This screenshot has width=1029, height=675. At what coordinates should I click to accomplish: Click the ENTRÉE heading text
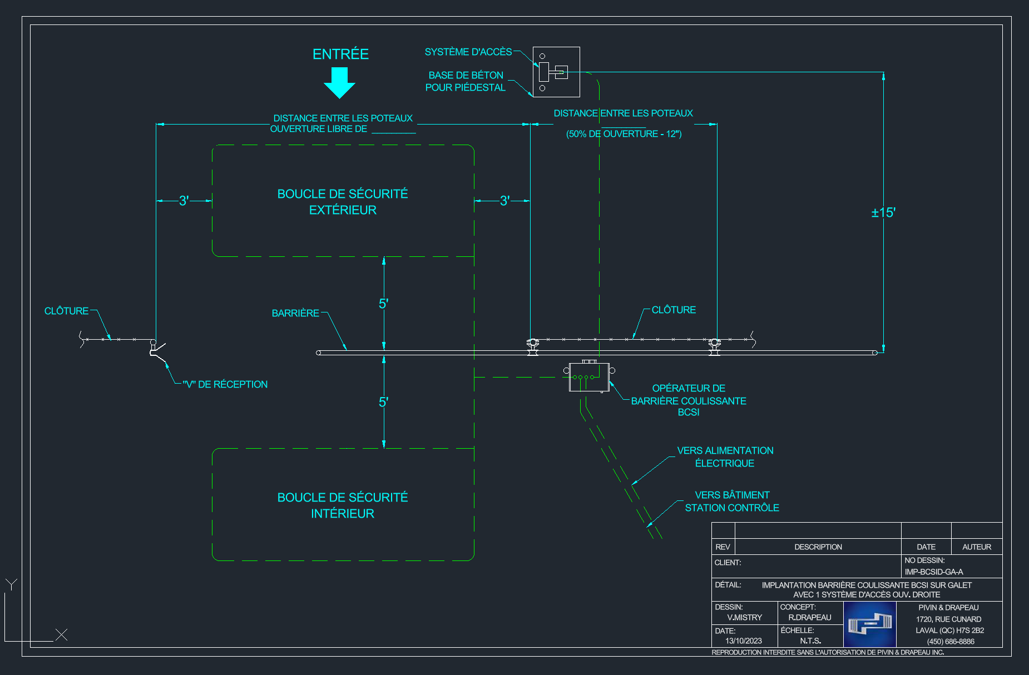point(340,54)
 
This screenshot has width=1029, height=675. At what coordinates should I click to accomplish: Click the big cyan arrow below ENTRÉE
point(339,82)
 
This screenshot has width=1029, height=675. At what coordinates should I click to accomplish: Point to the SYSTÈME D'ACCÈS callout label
point(468,52)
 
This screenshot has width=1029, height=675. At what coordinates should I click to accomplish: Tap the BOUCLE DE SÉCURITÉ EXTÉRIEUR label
point(343,202)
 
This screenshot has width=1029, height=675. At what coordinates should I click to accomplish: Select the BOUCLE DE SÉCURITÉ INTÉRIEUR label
point(343,505)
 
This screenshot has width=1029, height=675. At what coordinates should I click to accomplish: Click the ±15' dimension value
point(883,212)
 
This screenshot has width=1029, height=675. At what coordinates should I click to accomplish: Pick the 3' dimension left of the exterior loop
point(184,201)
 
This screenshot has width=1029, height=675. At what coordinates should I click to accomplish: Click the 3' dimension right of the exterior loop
point(504,201)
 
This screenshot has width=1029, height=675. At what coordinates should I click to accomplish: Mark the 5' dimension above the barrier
point(383,304)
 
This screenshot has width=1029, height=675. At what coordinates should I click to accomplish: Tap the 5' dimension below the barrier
point(383,402)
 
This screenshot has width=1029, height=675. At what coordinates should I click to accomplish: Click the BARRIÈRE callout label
point(295,313)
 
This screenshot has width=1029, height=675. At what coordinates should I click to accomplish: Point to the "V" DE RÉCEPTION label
point(225,384)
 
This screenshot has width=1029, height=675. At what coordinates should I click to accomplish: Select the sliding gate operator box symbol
point(589,376)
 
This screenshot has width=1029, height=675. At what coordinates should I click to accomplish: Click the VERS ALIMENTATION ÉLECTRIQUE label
point(725,456)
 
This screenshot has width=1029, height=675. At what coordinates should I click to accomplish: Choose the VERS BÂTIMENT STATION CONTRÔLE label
point(732,501)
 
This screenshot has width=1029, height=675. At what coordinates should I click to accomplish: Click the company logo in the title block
point(870,624)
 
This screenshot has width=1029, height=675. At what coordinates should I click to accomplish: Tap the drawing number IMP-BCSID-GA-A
point(934,572)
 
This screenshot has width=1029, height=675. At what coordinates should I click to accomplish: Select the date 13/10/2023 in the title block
point(744,641)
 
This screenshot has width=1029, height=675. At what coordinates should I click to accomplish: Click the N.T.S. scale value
point(810,641)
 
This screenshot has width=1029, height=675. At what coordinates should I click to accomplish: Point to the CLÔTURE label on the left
point(66,311)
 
